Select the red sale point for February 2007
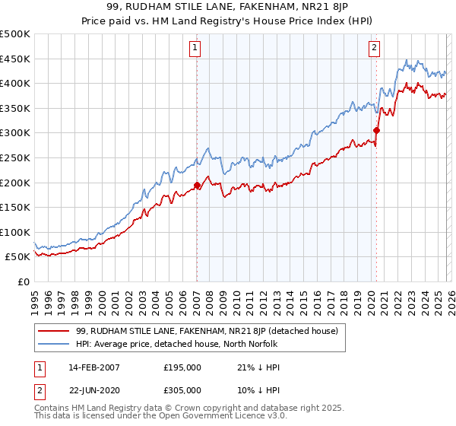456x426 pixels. pyautogui.click(x=197, y=185)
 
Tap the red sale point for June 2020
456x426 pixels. pyautogui.click(x=376, y=130)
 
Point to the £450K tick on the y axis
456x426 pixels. pyautogui.click(x=15, y=59)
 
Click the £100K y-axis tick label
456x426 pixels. pyautogui.click(x=15, y=232)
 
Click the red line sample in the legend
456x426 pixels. pyautogui.click(x=54, y=330)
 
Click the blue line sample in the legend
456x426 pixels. pyautogui.click(x=54, y=343)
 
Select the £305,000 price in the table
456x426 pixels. pyautogui.click(x=182, y=389)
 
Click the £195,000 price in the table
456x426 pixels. pyautogui.click(x=182, y=367)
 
